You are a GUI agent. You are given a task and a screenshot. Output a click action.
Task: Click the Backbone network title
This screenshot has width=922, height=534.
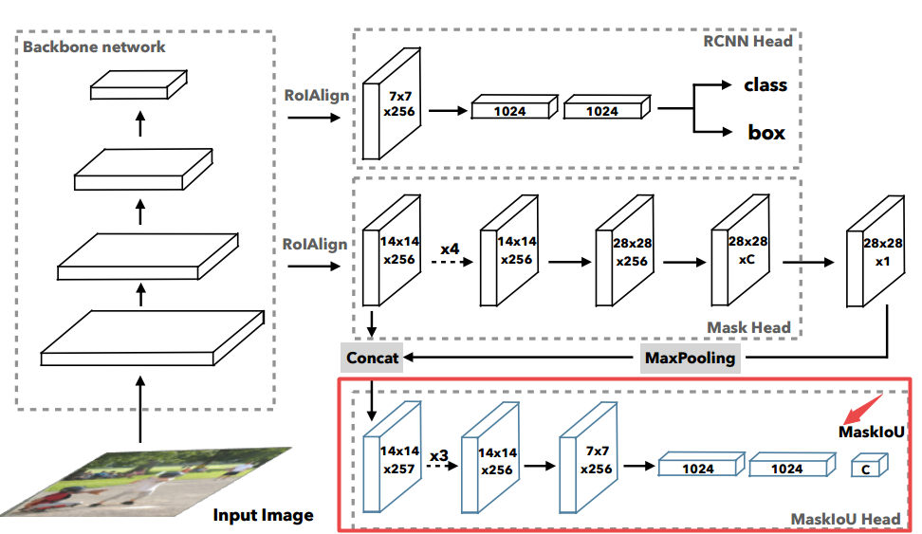click(94, 46)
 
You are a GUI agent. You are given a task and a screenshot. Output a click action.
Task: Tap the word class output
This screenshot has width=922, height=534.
click(765, 84)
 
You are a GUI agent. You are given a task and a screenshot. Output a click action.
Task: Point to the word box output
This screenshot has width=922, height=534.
click(766, 133)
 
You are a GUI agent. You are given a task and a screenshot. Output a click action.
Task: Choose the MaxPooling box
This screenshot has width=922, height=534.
click(690, 359)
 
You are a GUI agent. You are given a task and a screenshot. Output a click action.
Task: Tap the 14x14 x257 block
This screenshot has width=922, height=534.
click(392, 457)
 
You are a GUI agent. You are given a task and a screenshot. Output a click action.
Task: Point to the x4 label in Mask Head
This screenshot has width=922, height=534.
click(450, 249)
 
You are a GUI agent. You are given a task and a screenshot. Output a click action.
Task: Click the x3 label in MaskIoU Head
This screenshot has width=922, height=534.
click(438, 456)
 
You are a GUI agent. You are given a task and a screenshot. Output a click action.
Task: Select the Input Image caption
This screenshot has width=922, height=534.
click(263, 515)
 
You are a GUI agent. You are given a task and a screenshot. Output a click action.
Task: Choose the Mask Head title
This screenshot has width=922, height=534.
click(748, 327)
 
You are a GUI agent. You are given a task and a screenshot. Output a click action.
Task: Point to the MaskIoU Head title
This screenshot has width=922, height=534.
click(845, 519)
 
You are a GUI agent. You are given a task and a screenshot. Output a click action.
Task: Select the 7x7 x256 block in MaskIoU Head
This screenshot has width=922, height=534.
click(588, 457)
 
